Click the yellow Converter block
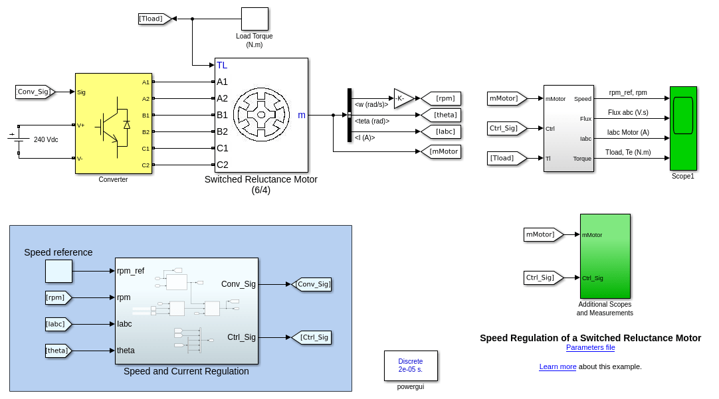point(113,123)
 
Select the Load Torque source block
point(255,19)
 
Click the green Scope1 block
point(683,128)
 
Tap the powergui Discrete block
point(411,365)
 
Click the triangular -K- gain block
point(403,98)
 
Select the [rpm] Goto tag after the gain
point(442,98)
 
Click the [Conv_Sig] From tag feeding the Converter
point(35,92)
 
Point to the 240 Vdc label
point(46,139)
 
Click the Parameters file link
point(590,347)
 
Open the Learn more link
point(558,366)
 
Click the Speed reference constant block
point(58,271)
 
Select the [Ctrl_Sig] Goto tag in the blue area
point(312,337)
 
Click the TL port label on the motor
point(222,65)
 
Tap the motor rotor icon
point(261,115)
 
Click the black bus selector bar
point(350,115)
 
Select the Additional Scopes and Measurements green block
point(605,256)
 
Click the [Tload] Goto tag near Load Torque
point(154,19)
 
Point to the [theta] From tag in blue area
point(58,351)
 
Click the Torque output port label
point(582,159)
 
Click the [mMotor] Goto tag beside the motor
point(442,151)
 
